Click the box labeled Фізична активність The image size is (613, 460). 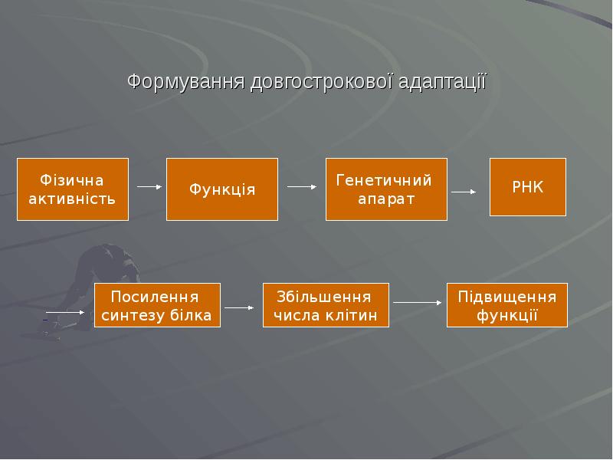[73, 189]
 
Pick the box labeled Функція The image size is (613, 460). [222, 189]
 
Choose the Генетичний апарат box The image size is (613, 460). [385, 189]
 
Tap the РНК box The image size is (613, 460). [527, 187]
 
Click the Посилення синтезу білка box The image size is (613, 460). [157, 305]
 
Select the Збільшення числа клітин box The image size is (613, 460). [326, 305]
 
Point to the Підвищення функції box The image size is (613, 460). [506, 305]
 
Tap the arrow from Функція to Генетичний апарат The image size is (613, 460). [302, 186]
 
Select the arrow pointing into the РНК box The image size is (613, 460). [464, 192]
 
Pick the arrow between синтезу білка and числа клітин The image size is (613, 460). [239, 308]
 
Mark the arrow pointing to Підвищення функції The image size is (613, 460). [417, 303]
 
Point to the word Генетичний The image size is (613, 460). [384, 180]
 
